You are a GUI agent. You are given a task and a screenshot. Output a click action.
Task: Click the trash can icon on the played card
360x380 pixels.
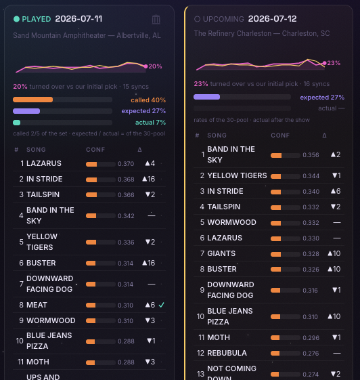(x=156, y=20)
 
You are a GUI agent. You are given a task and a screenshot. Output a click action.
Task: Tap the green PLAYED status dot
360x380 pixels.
(x=16, y=19)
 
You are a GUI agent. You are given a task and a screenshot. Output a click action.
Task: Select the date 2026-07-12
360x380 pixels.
(x=272, y=19)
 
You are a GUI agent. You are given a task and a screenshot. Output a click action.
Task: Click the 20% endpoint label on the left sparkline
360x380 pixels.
(x=155, y=66)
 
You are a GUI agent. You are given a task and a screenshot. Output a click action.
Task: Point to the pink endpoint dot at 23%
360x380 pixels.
(x=324, y=63)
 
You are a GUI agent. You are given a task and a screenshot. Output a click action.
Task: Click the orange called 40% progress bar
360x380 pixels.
(x=33, y=100)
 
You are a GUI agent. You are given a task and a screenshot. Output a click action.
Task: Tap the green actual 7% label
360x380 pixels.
(x=150, y=123)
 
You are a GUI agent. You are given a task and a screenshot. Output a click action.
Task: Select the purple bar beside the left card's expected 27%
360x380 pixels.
(x=26, y=111)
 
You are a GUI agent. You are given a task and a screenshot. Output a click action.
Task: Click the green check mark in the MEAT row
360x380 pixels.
(x=161, y=305)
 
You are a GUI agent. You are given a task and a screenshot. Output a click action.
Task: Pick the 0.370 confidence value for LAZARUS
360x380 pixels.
(x=126, y=164)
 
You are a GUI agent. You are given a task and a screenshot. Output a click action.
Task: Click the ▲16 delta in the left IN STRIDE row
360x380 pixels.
(x=149, y=179)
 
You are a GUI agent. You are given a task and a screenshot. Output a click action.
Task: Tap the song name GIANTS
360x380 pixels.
(x=221, y=253)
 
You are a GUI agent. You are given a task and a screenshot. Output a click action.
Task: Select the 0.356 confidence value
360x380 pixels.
(x=311, y=155)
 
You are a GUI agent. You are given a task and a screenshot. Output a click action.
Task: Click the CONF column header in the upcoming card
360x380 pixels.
(x=280, y=135)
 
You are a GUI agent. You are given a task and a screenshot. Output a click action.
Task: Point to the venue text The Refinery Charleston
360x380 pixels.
(x=233, y=33)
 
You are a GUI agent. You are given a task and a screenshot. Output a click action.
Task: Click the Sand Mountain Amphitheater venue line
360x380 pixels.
(x=87, y=35)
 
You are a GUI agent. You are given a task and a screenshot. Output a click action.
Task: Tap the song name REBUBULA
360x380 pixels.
(x=227, y=353)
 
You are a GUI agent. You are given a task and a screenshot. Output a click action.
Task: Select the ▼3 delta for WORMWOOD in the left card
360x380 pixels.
(x=150, y=320)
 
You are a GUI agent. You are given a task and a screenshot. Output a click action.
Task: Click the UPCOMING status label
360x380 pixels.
(x=223, y=19)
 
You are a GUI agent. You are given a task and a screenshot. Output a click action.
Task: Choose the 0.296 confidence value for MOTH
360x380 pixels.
(x=311, y=338)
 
